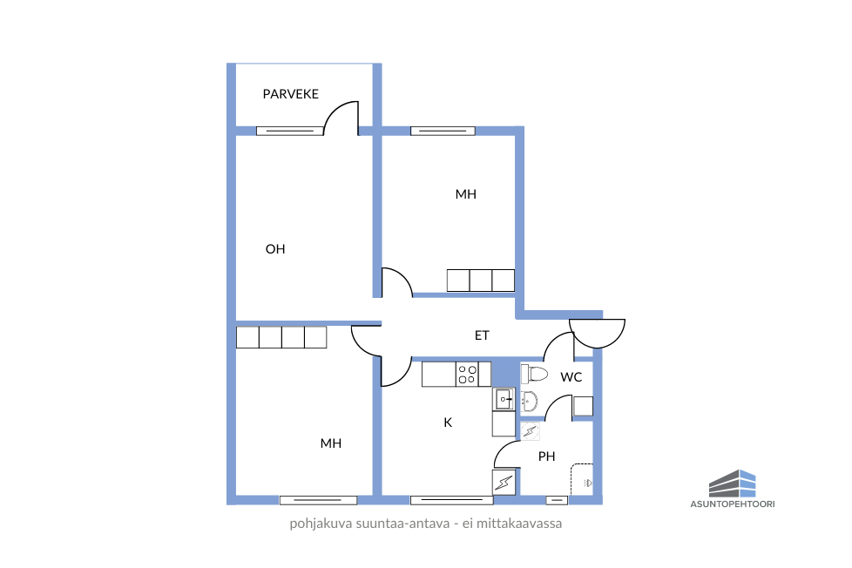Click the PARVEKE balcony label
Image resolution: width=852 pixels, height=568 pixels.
(x=290, y=94)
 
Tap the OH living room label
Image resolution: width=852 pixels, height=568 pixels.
(x=275, y=249)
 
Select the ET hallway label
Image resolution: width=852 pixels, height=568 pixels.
(x=482, y=335)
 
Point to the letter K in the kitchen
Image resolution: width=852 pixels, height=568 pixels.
(x=448, y=423)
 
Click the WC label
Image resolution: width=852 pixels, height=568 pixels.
(x=571, y=377)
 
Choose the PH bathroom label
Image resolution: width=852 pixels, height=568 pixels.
(x=546, y=456)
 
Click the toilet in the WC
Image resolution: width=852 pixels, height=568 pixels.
(x=534, y=374)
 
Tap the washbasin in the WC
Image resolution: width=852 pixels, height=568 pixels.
(x=529, y=402)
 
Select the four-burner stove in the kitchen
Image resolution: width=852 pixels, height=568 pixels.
(x=467, y=375)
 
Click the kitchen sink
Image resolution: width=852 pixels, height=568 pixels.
(x=504, y=399)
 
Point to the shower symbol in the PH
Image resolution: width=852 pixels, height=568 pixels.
(x=582, y=479)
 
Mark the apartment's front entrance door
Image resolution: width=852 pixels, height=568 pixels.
(x=597, y=334)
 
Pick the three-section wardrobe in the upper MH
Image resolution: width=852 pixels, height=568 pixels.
(x=481, y=281)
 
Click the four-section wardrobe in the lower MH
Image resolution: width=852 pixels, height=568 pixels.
(x=281, y=337)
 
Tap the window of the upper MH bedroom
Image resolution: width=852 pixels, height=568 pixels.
(x=443, y=131)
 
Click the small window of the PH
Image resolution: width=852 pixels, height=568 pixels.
(x=557, y=500)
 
